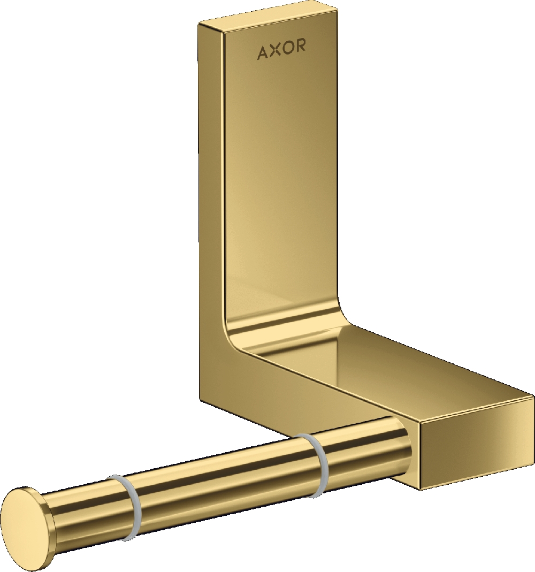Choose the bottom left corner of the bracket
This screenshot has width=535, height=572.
[203, 399]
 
